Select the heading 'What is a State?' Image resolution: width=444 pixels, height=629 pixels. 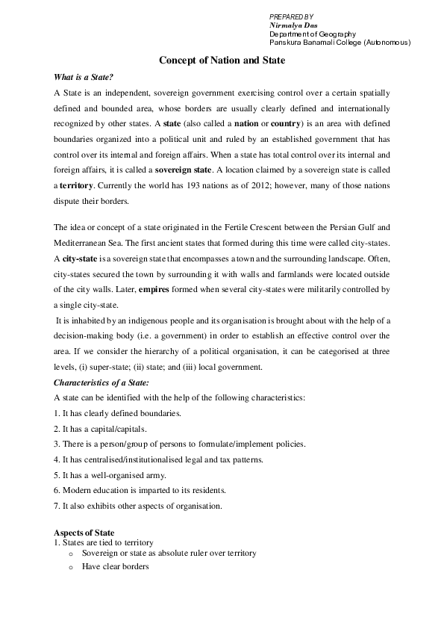(x=84, y=77)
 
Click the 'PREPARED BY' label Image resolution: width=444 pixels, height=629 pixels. (x=291, y=16)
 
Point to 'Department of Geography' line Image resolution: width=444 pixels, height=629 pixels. (x=312, y=34)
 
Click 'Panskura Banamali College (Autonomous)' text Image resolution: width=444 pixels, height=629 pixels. (x=340, y=43)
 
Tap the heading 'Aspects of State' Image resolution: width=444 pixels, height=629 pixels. (x=84, y=531)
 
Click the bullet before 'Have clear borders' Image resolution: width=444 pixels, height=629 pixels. (x=70, y=566)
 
